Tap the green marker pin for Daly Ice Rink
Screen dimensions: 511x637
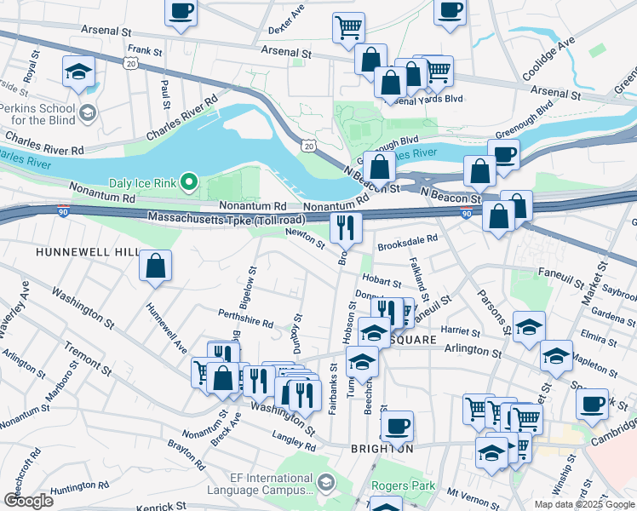191,181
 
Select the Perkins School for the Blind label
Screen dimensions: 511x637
38,114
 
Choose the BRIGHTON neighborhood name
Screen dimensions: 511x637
382,448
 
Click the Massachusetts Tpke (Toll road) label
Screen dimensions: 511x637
225,220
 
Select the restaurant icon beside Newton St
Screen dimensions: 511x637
346,227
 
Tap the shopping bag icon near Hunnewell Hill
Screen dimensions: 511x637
157,265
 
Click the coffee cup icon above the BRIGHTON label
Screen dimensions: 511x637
396,425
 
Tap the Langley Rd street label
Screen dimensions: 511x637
295,442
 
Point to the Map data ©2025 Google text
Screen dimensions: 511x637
583,504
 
